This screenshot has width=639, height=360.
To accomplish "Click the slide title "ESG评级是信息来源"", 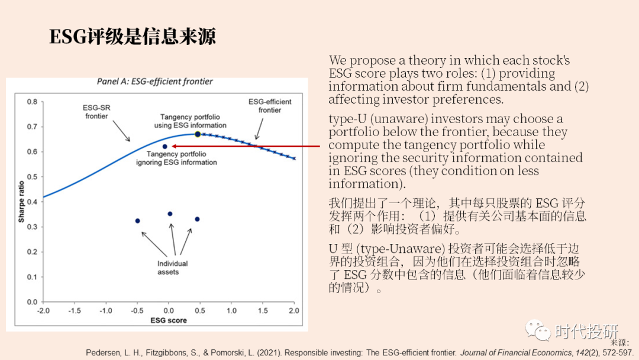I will click(x=133, y=37).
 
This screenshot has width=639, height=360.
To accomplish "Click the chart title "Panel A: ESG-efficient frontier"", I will click(x=154, y=82).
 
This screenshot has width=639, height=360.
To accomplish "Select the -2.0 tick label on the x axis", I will click(x=43, y=310).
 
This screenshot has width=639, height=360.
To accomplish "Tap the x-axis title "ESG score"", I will click(x=168, y=320).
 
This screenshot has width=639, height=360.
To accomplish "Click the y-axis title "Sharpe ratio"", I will click(x=21, y=202).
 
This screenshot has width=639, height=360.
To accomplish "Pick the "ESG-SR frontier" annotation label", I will click(x=96, y=112).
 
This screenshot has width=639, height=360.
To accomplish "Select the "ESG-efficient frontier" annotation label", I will click(x=270, y=106).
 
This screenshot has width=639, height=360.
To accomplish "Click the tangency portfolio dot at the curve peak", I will click(x=198, y=134).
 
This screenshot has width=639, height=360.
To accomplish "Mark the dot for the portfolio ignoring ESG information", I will click(x=165, y=146).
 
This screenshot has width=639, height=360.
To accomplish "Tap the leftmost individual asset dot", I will click(x=137, y=221).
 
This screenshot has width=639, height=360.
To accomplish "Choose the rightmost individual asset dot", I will click(x=197, y=219).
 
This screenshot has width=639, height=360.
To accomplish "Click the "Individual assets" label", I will click(x=172, y=268).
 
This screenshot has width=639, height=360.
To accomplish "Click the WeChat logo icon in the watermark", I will click(x=538, y=330).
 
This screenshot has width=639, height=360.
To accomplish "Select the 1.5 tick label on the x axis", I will click(x=263, y=310).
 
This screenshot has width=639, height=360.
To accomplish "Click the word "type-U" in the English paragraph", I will click(x=346, y=120).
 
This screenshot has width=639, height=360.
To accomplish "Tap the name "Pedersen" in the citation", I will click(x=106, y=353).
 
